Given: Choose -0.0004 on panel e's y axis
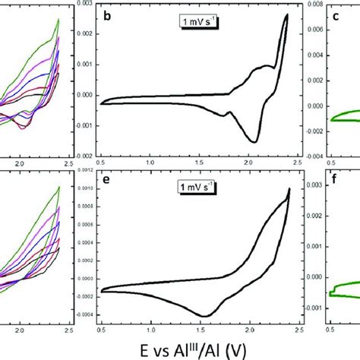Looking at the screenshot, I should point(84,315).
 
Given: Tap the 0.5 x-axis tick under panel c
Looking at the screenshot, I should point(331,163).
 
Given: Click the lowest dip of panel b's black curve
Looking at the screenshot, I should point(254,142).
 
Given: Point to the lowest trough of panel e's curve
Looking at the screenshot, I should point(204,315).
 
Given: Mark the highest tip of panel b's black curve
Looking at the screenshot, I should point(286,14).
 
